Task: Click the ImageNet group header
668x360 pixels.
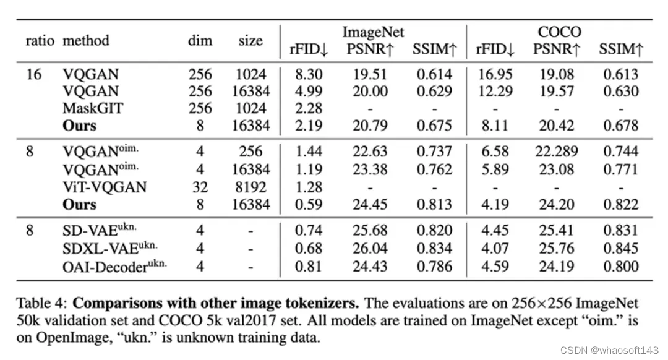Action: click(373, 32)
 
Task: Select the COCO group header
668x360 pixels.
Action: click(559, 32)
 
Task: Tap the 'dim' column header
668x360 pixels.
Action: click(200, 40)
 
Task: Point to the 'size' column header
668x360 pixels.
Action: click(250, 40)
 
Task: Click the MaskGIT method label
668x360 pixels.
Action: click(92, 108)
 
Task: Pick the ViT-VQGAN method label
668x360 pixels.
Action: click(105, 187)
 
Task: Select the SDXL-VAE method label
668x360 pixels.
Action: click(110, 247)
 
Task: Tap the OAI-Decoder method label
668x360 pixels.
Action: click(114, 266)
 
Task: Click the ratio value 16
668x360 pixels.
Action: click(33, 75)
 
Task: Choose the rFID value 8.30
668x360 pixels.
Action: click(309, 75)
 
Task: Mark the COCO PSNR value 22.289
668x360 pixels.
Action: click(557, 152)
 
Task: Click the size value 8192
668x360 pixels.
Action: click(250, 187)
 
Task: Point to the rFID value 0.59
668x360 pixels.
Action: click(309, 205)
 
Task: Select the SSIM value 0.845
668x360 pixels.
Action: click(621, 248)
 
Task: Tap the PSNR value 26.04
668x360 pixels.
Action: click(370, 248)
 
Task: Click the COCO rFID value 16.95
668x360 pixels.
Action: click(495, 75)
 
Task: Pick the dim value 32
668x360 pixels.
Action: click(200, 187)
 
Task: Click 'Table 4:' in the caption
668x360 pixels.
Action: click(42, 303)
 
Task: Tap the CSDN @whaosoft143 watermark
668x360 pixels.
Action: click(609, 350)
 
